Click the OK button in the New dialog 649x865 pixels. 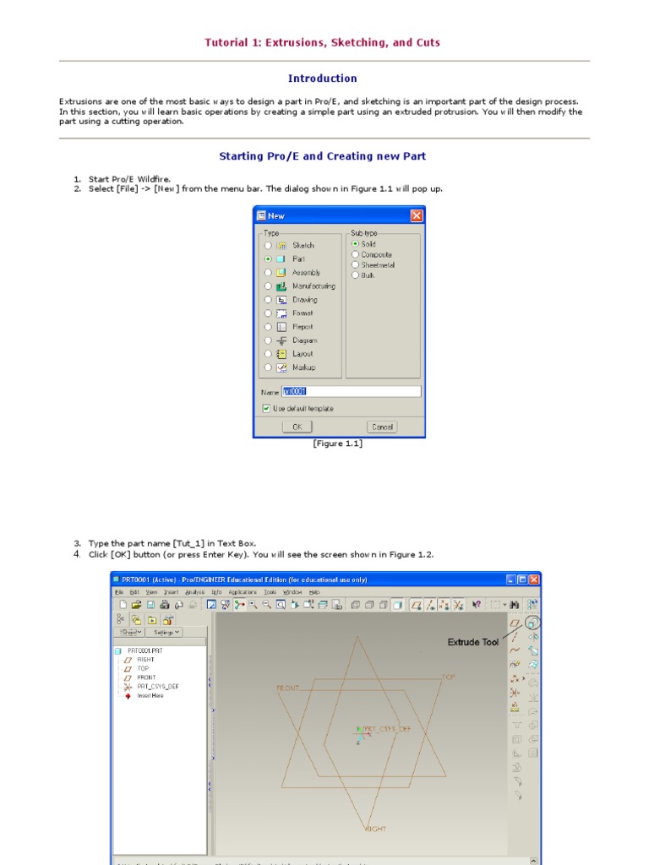297,427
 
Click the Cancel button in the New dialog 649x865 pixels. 382,427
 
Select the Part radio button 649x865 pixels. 268,258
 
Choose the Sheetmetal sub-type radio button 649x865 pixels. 356,264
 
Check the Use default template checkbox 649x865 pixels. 267,408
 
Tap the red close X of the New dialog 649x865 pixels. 416,215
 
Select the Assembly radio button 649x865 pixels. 268,272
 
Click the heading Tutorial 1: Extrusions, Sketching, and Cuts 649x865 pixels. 322,42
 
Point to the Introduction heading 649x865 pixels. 322,79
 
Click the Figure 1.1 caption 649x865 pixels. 337,443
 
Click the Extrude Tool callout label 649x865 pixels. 473,643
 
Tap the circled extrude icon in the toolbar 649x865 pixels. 532,623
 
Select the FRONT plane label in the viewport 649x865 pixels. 288,688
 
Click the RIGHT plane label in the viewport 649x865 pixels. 375,829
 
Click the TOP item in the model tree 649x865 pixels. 143,668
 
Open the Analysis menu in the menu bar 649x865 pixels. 195,592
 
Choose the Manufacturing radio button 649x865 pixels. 268,286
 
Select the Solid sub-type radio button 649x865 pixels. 356,243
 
